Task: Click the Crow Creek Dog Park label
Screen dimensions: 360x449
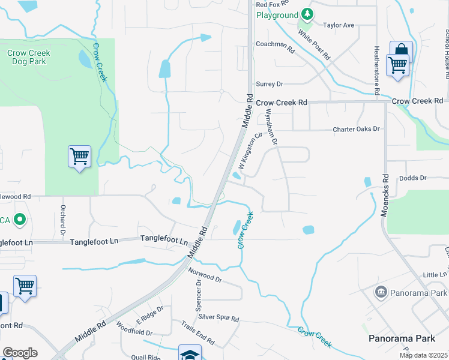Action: (x=29, y=57)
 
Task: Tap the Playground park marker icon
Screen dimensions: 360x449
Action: (x=307, y=14)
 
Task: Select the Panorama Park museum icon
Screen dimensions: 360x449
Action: (x=380, y=293)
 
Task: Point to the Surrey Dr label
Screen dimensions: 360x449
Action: (x=269, y=84)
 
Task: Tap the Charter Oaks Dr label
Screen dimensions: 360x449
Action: (x=357, y=129)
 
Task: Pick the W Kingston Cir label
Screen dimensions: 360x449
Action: (x=252, y=153)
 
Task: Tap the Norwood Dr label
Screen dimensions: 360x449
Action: (x=205, y=275)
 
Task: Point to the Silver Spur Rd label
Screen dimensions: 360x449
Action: (x=218, y=318)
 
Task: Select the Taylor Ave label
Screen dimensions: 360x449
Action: (x=339, y=25)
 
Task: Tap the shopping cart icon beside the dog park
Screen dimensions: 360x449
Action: (x=80, y=157)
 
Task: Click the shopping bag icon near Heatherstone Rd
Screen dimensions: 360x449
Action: (x=400, y=51)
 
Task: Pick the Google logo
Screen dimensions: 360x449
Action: (x=20, y=353)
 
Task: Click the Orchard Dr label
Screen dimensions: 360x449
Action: (x=62, y=220)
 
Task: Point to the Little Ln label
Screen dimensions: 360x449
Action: (x=435, y=274)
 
